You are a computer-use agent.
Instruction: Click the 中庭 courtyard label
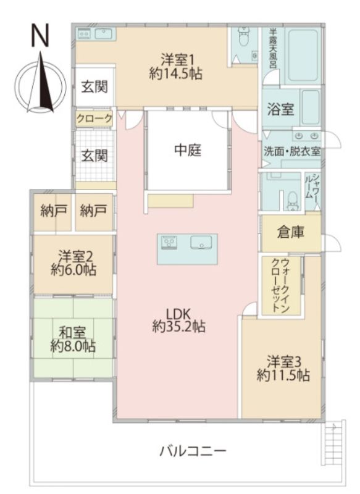point(188,150)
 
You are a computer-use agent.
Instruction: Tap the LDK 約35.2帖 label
point(178,320)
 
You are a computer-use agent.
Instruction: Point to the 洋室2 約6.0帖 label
point(73,263)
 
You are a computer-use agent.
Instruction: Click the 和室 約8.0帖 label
point(73,340)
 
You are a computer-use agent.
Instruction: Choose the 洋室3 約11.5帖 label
point(283,368)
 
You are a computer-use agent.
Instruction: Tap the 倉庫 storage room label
point(290,232)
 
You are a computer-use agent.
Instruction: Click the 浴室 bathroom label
point(280,109)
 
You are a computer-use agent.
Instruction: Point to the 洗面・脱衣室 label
point(292,151)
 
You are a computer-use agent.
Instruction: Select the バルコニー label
point(193,451)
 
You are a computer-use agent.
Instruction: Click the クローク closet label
point(94,119)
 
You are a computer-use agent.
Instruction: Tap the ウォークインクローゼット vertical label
point(280,285)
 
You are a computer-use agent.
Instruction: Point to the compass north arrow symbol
point(41,83)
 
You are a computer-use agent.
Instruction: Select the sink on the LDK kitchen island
point(201,242)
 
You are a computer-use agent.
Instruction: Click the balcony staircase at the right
point(333,443)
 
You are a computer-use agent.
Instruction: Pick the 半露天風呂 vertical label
point(273,49)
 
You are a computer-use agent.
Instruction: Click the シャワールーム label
point(312,186)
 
